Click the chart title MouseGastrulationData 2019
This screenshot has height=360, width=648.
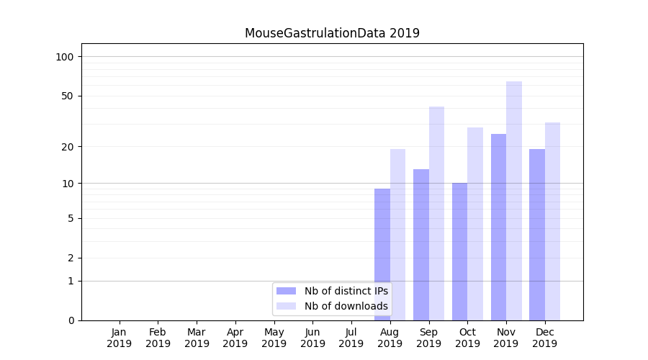332,33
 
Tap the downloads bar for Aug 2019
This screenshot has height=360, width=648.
397,234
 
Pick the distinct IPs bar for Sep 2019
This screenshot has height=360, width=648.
421,245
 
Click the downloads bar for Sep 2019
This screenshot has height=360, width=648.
436,213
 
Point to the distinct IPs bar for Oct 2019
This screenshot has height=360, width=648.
459,251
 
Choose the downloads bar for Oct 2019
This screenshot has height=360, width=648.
475,223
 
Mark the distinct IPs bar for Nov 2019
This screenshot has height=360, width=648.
498,227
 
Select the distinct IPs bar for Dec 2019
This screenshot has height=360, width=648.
537,234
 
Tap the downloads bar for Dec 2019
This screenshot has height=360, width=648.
552,221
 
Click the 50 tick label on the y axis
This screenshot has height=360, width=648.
68,96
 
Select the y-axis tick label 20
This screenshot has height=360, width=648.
68,147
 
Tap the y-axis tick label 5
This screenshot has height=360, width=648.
71,218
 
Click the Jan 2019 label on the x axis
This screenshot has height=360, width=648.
120,338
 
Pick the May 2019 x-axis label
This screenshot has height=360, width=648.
274,338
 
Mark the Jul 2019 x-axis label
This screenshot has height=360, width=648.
351,338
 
